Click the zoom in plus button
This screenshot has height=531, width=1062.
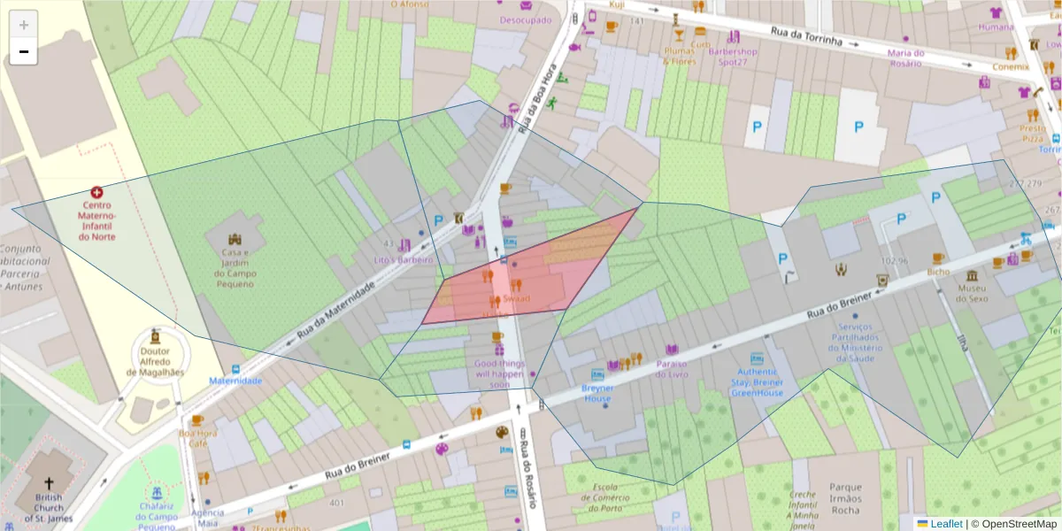pyautogui.click(x=24, y=26)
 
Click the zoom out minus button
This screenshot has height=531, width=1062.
pyautogui.click(x=24, y=52)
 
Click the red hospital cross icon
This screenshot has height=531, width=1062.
pyautogui.click(x=96, y=192)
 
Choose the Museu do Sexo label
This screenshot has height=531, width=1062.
pyautogui.click(x=971, y=294)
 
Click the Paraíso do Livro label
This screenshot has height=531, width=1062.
pyautogui.click(x=672, y=369)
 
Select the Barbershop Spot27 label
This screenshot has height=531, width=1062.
pyautogui.click(x=734, y=57)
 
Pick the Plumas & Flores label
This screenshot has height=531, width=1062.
pyautogui.click(x=680, y=57)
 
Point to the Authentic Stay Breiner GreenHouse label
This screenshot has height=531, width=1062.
pyautogui.click(x=758, y=382)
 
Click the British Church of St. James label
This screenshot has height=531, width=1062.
pyautogui.click(x=50, y=508)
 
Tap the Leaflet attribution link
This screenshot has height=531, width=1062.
pyautogui.click(x=946, y=524)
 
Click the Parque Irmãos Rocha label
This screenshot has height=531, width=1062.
pyautogui.click(x=846, y=498)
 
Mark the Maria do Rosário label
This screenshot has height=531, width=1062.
pyautogui.click(x=905, y=58)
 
